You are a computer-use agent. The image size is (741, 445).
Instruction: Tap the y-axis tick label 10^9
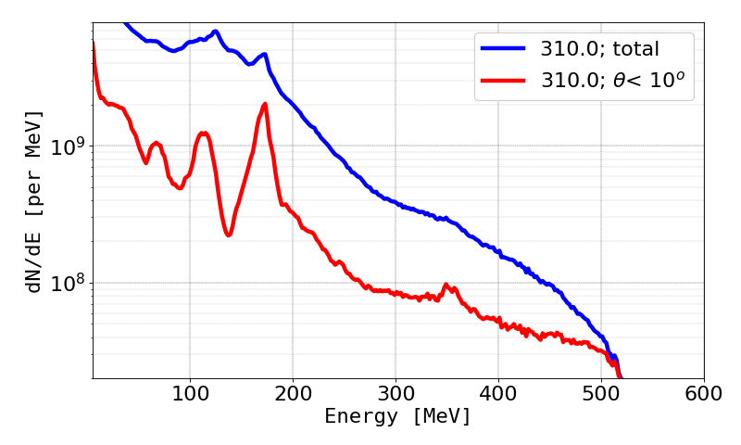tap(68, 146)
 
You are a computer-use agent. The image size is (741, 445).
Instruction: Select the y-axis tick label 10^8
tap(68, 282)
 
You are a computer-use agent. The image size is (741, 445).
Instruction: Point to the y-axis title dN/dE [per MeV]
tap(34, 201)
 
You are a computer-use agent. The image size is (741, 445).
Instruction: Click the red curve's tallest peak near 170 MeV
tap(265, 104)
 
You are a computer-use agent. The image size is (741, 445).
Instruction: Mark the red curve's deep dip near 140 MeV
tap(228, 235)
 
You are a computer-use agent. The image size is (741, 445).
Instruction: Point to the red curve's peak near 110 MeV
tap(203, 133)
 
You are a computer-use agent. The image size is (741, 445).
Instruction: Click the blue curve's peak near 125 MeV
tap(215, 32)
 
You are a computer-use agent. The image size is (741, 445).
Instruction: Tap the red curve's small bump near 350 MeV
tap(446, 285)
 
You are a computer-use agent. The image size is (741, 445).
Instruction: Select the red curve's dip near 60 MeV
tap(146, 163)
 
